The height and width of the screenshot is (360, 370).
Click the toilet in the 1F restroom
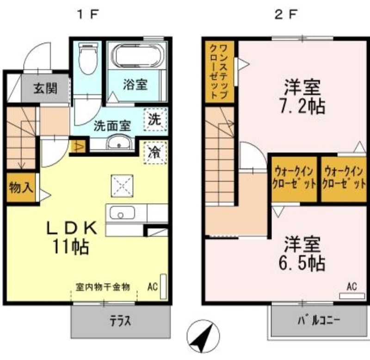point(88,58)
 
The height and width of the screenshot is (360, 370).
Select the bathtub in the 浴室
point(137,56)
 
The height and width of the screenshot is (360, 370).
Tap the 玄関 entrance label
point(45,88)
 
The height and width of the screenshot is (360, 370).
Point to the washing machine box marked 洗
point(155,119)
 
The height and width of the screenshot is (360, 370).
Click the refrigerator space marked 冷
point(155,153)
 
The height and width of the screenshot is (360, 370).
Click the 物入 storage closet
point(21,188)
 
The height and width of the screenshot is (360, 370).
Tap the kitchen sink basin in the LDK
point(122,212)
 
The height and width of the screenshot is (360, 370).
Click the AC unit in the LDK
point(163,286)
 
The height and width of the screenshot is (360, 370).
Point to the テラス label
point(120,321)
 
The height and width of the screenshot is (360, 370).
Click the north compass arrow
point(203,336)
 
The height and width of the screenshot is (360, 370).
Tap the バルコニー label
point(319,321)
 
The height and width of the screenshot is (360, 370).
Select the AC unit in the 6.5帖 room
point(352,296)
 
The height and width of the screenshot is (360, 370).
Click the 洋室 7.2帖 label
point(302,96)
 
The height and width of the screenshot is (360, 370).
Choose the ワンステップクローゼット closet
point(219,72)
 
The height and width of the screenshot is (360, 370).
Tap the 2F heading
point(285,15)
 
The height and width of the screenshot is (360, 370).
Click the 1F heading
point(87,15)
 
